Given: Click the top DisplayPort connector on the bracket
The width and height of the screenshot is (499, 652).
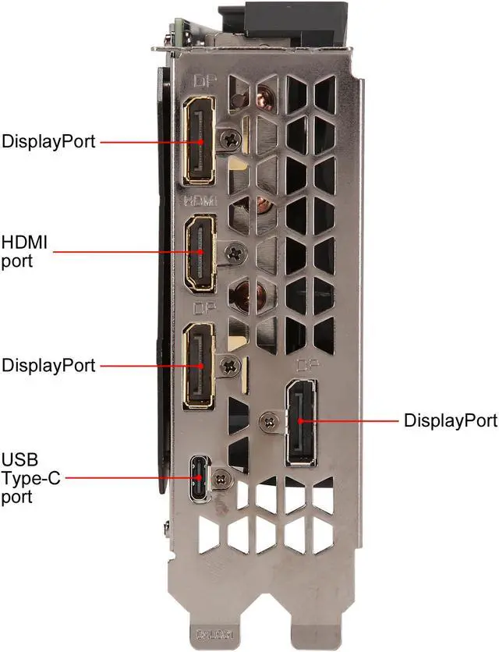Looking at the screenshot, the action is click(200, 142).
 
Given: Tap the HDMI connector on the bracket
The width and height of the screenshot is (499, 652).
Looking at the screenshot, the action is click(201, 252).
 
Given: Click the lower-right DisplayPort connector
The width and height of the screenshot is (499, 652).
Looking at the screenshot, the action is click(301, 421).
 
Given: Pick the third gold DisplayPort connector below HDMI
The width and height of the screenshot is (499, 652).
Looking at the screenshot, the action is click(200, 365).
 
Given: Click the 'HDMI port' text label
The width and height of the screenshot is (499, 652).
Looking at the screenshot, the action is click(25, 252).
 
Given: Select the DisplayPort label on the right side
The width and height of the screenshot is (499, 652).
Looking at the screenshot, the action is click(450, 421).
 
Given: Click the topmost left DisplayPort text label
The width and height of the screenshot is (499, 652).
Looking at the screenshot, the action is click(48, 142).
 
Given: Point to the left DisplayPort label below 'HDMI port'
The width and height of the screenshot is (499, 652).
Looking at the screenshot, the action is click(48, 365).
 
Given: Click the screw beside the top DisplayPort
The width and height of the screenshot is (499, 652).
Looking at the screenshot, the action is click(230, 140).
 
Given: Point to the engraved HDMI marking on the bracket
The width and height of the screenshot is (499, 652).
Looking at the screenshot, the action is click(201, 201).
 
